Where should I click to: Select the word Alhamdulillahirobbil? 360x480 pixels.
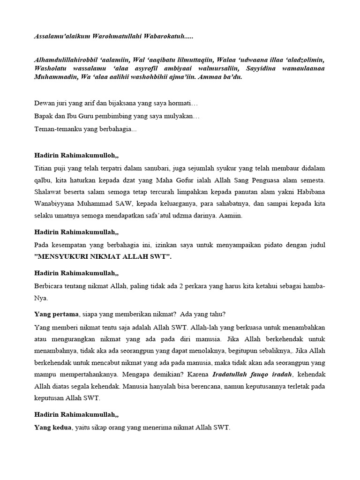[x=67, y=60]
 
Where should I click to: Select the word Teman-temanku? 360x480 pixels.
[x=58, y=129]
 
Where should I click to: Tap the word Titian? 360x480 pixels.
[x=44, y=168]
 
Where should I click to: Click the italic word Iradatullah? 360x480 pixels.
[x=232, y=374]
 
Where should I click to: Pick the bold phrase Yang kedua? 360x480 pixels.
[x=53, y=427]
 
